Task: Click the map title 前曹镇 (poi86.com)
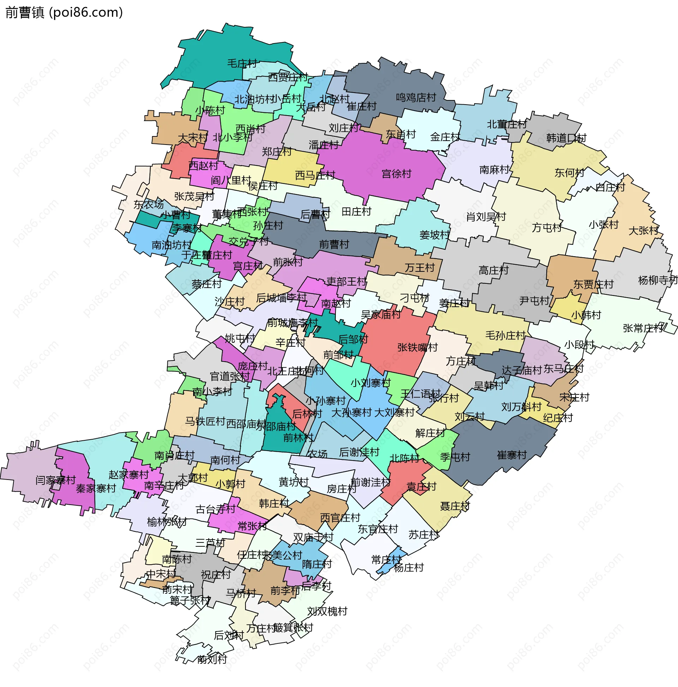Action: tap(64, 12)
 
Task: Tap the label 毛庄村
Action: tap(242, 64)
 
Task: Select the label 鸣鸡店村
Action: tap(416, 98)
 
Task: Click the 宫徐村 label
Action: tap(396, 174)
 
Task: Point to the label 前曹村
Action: tap(334, 244)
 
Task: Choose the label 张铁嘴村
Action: tap(417, 347)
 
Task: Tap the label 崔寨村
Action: tap(511, 455)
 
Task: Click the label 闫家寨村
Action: tap(55, 480)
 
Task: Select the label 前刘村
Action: tap(212, 660)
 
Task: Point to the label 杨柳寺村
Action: tap(658, 280)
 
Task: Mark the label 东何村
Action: tap(569, 173)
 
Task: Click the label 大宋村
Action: tap(192, 138)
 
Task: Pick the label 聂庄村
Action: tap(455, 506)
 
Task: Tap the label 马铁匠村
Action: tap(205, 421)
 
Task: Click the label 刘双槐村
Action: tap(327, 611)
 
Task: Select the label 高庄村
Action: tap(493, 270)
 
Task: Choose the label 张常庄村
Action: tap(643, 328)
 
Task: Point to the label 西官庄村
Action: tap(340, 518)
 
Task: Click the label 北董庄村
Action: tap(506, 124)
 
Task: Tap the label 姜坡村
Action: tap(434, 235)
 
